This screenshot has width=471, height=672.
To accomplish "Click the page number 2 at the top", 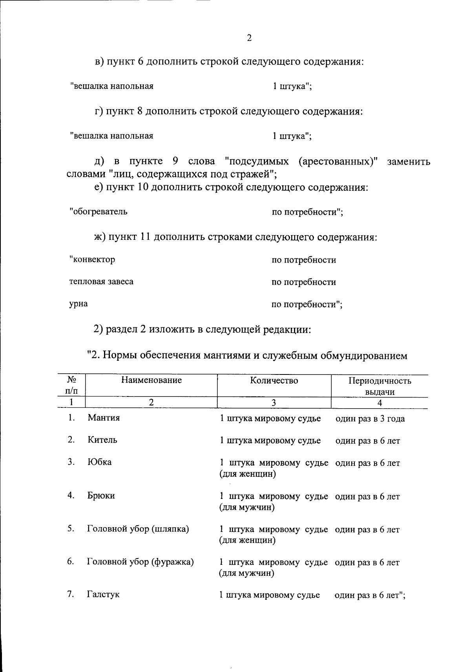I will [249, 38].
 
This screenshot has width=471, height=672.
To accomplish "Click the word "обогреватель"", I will [99, 212].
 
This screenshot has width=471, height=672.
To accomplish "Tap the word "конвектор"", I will [93, 259].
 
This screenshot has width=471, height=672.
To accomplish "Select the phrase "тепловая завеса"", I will [101, 281].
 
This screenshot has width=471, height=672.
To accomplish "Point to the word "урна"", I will [78, 303].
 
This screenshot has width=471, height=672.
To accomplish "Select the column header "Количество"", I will [274, 380].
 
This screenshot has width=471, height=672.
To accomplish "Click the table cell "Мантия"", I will [104, 418].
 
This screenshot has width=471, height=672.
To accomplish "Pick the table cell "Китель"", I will [102, 440].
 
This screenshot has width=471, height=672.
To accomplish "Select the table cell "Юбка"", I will [99, 462].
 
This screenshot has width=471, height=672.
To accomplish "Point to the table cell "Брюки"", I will [101, 495].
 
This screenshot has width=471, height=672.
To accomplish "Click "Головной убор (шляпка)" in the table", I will [138, 529].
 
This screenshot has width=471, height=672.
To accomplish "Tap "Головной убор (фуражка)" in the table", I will [140, 562].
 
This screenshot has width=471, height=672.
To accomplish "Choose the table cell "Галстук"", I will [103, 594].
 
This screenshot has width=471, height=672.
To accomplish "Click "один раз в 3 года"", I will [370, 418].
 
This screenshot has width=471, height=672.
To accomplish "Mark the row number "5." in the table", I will [71, 528].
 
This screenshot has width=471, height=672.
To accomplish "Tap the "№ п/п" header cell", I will [71, 385].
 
